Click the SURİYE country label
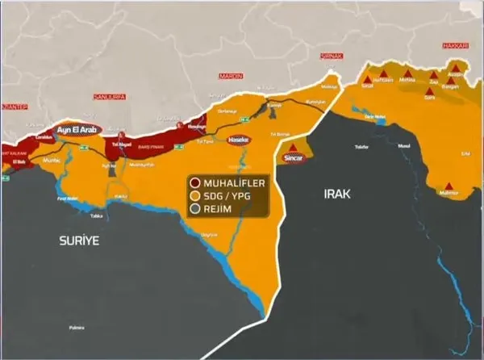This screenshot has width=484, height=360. click(x=77, y=241)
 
